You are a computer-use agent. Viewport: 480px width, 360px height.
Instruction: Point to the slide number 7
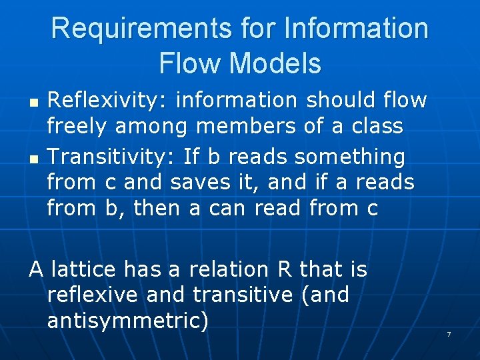tap(449, 333)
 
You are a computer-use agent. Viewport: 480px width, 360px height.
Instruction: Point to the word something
tap(349, 157)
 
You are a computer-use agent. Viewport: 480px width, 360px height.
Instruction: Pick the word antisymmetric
tap(127, 321)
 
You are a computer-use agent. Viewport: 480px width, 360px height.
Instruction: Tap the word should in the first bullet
tap(335, 101)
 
